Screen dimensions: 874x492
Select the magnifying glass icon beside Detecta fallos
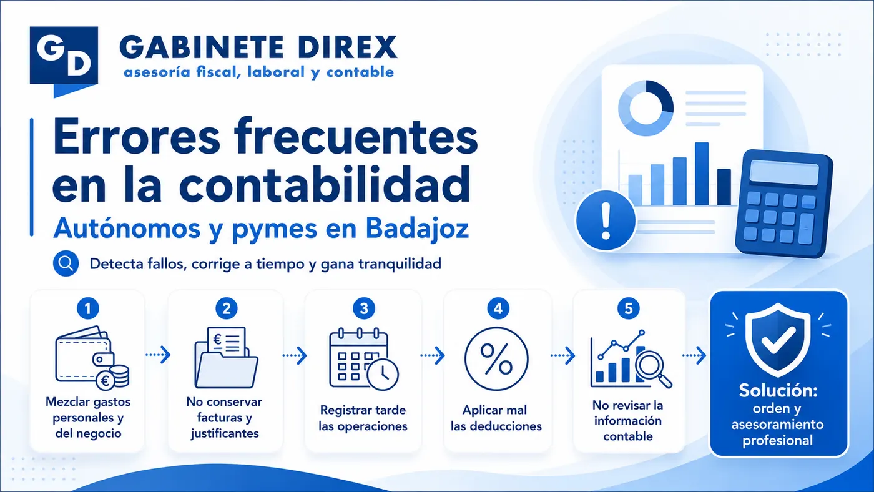[66, 263]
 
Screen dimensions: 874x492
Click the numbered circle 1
[88, 308]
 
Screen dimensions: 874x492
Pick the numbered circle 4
[498, 308]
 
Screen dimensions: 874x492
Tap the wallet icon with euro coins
[92, 358]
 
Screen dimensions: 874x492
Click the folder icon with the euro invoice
[226, 357]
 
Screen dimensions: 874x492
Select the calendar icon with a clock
[363, 359]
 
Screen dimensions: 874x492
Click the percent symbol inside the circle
[496, 359]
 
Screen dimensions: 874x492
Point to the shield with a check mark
[778, 340]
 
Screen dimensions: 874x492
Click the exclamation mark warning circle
[606, 220]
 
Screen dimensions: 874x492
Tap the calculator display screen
[784, 173]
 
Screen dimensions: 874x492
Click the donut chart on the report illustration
[646, 108]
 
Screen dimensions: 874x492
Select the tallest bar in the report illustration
[702, 174]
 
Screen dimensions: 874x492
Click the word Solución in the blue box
[778, 391]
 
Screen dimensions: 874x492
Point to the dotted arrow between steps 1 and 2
[158, 355]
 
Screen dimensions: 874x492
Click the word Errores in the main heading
[137, 138]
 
